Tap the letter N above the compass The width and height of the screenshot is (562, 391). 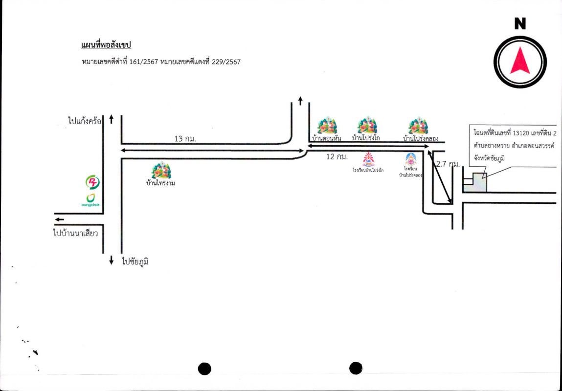tap(520, 23)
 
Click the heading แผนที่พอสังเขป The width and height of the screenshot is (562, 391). tap(106, 45)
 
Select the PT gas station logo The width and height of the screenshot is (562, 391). tap(92, 183)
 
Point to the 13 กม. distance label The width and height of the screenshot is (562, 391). tap(185, 139)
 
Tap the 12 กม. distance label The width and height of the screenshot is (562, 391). tap(337, 156)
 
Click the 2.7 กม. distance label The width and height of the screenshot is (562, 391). tap(448, 164)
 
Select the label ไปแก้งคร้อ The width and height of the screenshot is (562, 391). tap(85, 120)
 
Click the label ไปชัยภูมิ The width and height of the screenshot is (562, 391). tap(135, 261)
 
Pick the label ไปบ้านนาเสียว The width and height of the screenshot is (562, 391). tap(76, 233)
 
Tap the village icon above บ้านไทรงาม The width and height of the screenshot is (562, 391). tap(161, 170)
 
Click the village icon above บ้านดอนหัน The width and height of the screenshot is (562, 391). tap(326, 126)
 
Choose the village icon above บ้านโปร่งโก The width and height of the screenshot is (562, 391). tap(366, 125)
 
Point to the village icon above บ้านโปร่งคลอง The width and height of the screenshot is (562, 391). tap(418, 126)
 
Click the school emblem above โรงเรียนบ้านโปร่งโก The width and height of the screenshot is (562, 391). tap(368, 159)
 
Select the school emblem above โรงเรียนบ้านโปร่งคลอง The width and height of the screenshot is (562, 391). tap(410, 159)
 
